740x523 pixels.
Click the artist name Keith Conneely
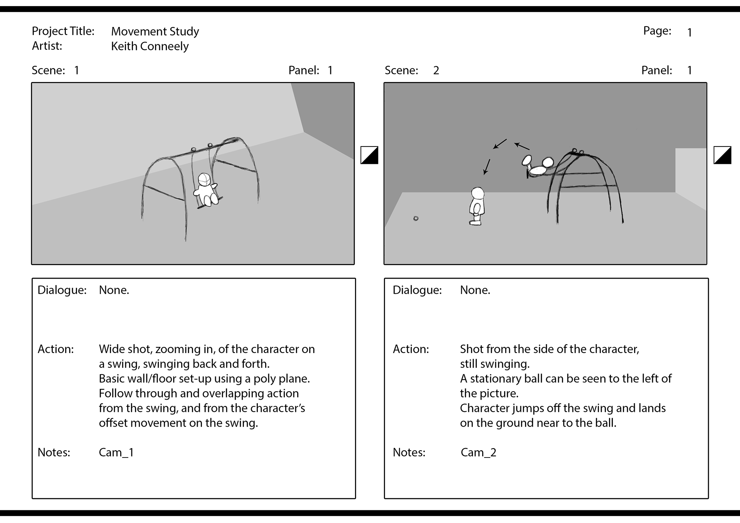(x=150, y=46)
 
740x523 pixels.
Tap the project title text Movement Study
(x=155, y=31)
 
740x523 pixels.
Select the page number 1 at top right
(x=690, y=32)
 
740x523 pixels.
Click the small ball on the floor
(x=416, y=219)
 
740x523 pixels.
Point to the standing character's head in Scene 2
(x=478, y=193)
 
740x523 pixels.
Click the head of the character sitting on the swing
(x=204, y=179)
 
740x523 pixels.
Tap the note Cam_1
(x=116, y=452)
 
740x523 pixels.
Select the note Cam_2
(x=478, y=452)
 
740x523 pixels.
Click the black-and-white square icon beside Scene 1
(x=369, y=155)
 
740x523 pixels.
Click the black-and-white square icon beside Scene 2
(x=722, y=155)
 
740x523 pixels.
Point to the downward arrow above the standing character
(x=487, y=166)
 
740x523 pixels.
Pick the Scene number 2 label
(x=436, y=70)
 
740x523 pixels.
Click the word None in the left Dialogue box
(x=114, y=290)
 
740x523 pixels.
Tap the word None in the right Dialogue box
(x=475, y=290)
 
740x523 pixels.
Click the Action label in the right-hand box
(x=410, y=349)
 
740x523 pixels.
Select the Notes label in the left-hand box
(x=54, y=452)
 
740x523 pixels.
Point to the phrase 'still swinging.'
(x=494, y=364)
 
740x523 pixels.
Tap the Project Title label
(x=63, y=31)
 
